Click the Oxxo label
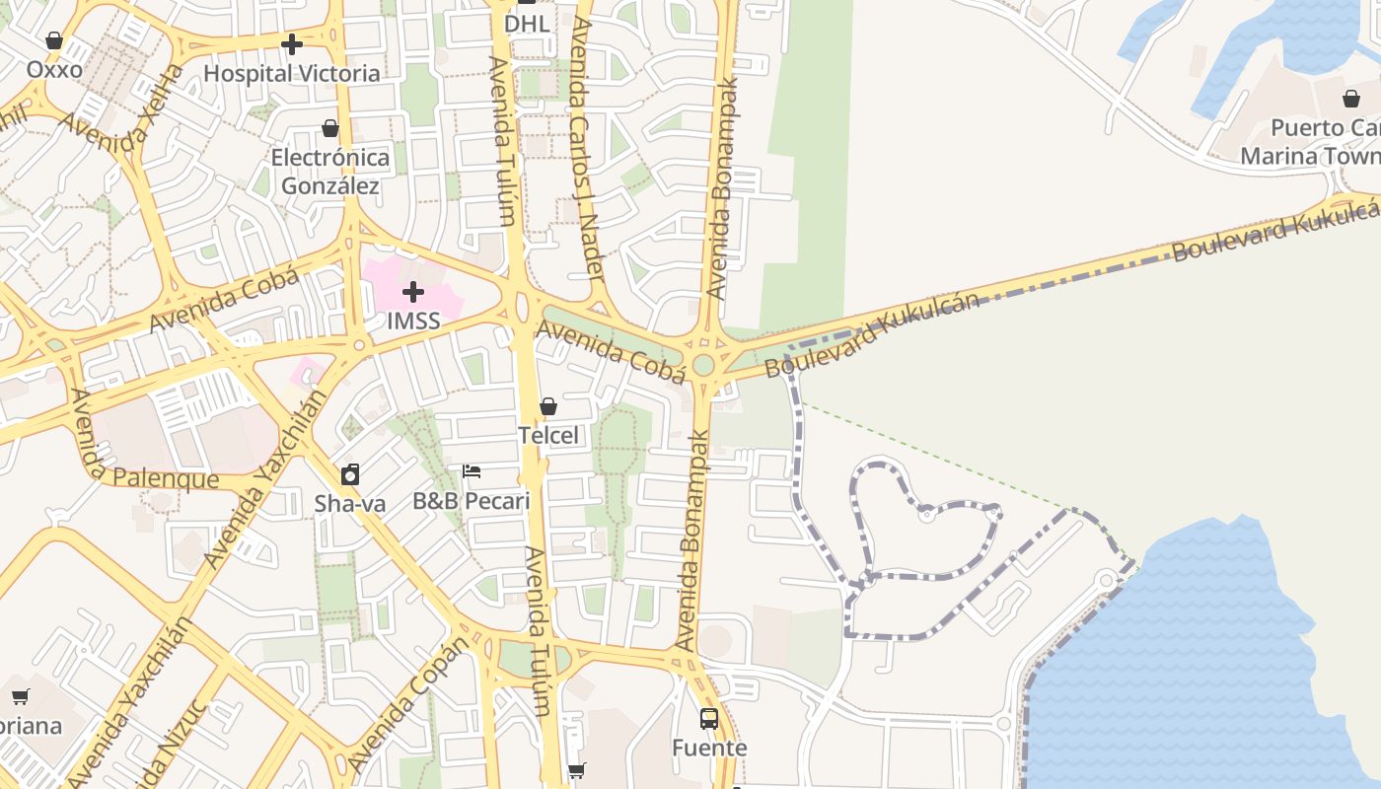[x=54, y=70]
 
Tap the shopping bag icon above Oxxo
[x=54, y=40]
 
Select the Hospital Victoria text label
[x=291, y=73]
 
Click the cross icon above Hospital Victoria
[x=291, y=44]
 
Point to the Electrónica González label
[x=330, y=172]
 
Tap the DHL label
[x=527, y=23]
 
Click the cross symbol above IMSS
[x=413, y=291]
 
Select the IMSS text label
[x=413, y=321]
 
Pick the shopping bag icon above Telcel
[x=548, y=406]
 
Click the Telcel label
[x=548, y=435]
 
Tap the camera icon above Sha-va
[x=350, y=475]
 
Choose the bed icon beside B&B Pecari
[x=472, y=471]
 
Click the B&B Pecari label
[x=472, y=501]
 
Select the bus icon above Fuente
[x=709, y=718]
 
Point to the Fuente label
[x=709, y=748]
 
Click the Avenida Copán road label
[x=407, y=705]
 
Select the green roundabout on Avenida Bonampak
[x=703, y=365]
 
